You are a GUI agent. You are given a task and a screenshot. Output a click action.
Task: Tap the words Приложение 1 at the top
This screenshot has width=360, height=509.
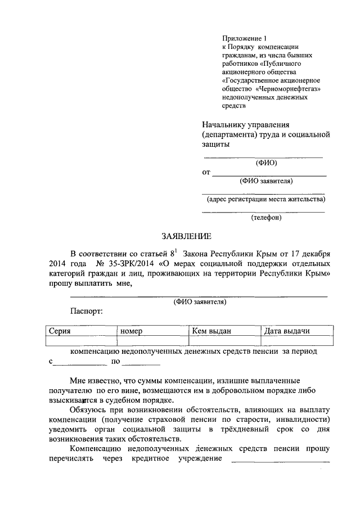(241, 38)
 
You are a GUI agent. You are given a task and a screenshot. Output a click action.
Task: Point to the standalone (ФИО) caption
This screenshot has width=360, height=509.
(266, 163)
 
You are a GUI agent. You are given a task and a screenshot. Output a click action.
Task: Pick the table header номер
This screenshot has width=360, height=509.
(132, 331)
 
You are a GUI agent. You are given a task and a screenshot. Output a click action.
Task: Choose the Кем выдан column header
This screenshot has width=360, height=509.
(211, 331)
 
